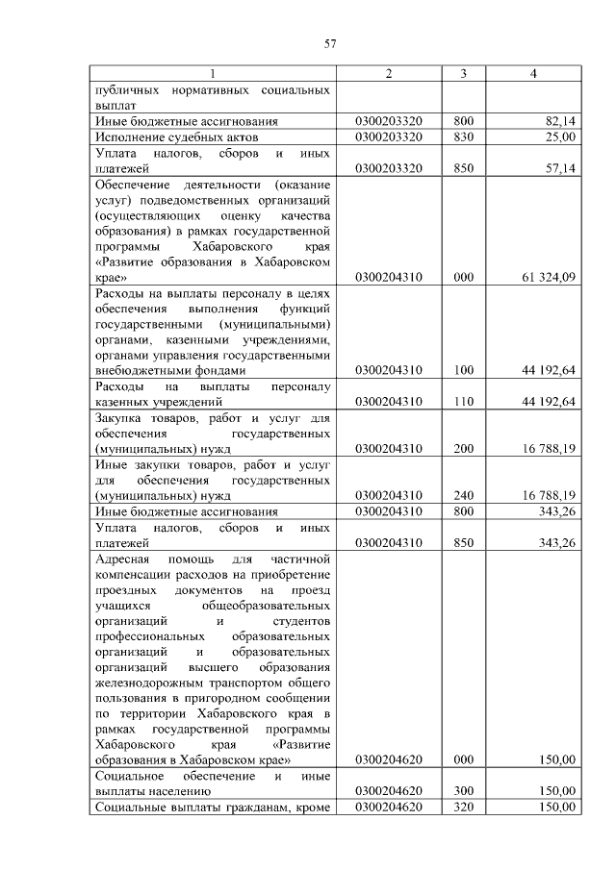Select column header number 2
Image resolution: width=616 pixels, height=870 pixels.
[389, 74]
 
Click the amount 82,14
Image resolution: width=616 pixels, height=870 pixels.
[559, 121]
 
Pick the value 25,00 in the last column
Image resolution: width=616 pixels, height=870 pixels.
[560, 137]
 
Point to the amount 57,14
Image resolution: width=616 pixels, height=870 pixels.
[559, 168]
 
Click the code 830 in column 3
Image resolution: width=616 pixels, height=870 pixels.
[464, 137]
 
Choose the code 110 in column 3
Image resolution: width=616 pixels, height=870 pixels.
[464, 401]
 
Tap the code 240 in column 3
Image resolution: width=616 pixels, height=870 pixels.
[464, 495]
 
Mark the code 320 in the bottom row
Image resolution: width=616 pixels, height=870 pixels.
[464, 807]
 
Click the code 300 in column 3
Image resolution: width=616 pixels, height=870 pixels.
[464, 791]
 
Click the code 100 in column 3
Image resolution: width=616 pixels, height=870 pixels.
[464, 370]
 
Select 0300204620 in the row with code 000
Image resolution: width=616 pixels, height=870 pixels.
[389, 759]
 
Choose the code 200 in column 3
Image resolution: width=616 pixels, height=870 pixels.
[464, 448]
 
